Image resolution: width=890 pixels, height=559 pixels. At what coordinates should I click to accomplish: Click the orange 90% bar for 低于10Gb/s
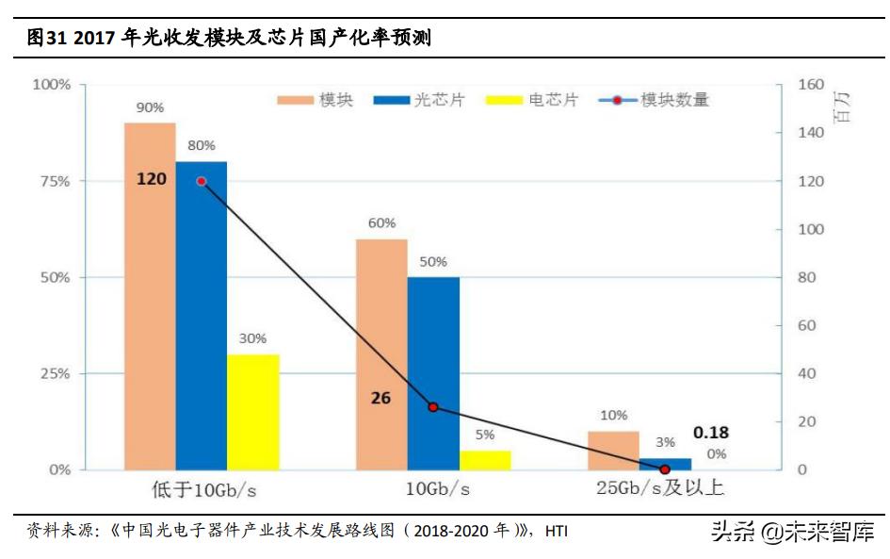pos(150,296)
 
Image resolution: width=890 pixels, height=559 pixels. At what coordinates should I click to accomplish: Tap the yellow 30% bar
pos(253,412)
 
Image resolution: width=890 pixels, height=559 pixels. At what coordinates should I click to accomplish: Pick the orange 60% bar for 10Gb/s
pos(381,354)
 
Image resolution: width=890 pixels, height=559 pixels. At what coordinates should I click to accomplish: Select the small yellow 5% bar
pos(485,460)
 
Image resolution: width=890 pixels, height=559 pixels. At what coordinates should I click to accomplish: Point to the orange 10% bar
pos(613,451)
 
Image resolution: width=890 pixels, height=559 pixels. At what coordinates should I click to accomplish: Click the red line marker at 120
pos(201,181)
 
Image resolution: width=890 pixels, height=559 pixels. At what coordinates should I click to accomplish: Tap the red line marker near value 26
pos(433,407)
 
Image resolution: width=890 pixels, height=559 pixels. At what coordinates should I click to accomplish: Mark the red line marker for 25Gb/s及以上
pos(665,469)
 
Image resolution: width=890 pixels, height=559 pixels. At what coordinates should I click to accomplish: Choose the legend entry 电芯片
pos(533,100)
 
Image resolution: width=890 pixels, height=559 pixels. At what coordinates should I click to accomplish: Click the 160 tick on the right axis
pos(811,84)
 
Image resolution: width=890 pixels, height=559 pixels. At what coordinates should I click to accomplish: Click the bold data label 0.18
pos(711,433)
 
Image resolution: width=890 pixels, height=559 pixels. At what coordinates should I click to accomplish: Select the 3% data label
pos(665,442)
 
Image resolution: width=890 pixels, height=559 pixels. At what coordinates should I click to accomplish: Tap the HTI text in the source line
pos(557,532)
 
